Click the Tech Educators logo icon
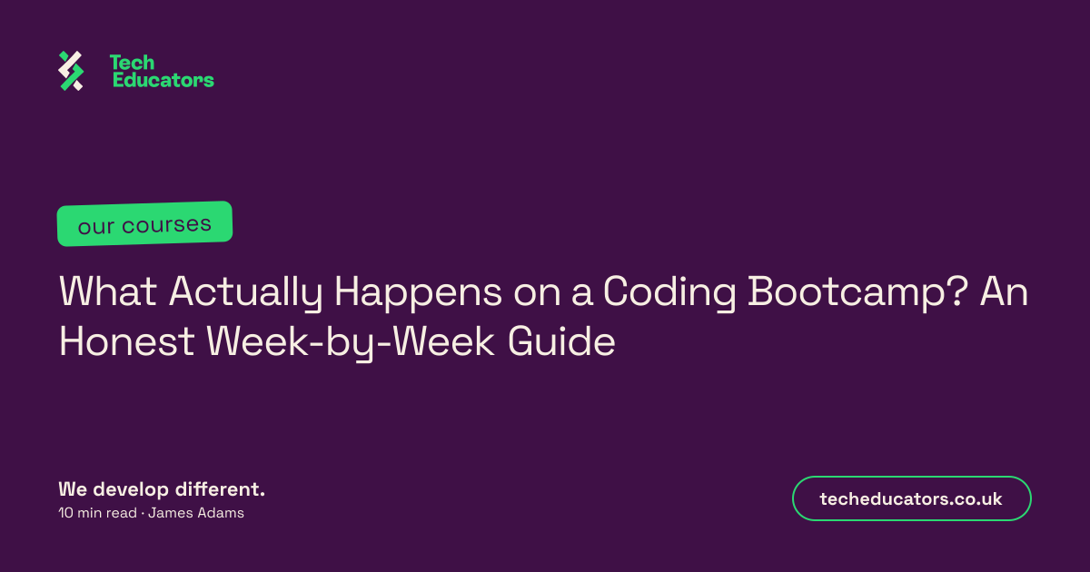[71, 71]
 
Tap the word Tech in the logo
[132, 63]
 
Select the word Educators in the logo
[163, 80]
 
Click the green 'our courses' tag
[144, 223]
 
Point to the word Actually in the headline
[245, 292]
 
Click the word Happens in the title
[418, 292]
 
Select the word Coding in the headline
[669, 292]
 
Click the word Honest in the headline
[127, 341]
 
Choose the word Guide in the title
[561, 341]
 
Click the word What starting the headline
[107, 291]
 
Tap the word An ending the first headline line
[1004, 291]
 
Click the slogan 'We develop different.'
[162, 489]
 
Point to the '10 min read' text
[97, 513]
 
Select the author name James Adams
[196, 513]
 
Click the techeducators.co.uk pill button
[911, 498]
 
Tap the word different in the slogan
[220, 489]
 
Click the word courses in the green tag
[166, 224]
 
